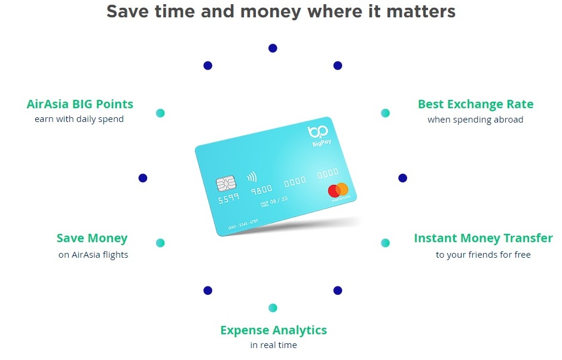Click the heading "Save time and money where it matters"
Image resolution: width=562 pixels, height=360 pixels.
pyautogui.click(x=281, y=11)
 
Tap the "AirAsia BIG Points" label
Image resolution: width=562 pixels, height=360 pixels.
pyautogui.click(x=80, y=104)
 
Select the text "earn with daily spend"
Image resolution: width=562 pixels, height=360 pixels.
pyautogui.click(x=79, y=119)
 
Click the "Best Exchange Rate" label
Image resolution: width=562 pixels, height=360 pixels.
pyautogui.click(x=476, y=104)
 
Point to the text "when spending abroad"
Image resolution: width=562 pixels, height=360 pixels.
pyautogui.click(x=475, y=120)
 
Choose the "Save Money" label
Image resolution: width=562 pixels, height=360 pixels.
pyautogui.click(x=92, y=238)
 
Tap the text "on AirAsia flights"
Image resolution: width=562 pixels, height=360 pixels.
pyautogui.click(x=93, y=255)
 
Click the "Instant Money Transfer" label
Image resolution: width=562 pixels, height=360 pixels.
pyautogui.click(x=483, y=238)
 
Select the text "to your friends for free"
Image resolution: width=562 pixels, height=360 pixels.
pyautogui.click(x=483, y=255)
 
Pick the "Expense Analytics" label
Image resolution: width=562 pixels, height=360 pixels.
pyautogui.click(x=273, y=330)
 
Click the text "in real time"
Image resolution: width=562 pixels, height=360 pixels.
pyautogui.click(x=273, y=345)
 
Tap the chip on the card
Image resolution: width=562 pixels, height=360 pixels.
pyautogui.click(x=226, y=184)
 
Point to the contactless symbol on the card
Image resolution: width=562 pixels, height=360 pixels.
pyautogui.click(x=252, y=177)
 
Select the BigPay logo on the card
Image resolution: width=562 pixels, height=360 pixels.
pyautogui.click(x=319, y=136)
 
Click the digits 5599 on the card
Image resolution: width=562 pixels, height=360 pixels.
pyautogui.click(x=228, y=197)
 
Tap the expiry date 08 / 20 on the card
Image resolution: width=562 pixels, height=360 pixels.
pyautogui.click(x=279, y=200)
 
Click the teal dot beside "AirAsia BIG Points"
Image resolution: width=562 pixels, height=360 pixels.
pyautogui.click(x=160, y=113)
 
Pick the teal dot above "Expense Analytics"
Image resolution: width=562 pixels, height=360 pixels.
pyautogui.click(x=273, y=307)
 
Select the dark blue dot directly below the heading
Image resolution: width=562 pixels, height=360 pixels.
pyautogui.click(x=273, y=48)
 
